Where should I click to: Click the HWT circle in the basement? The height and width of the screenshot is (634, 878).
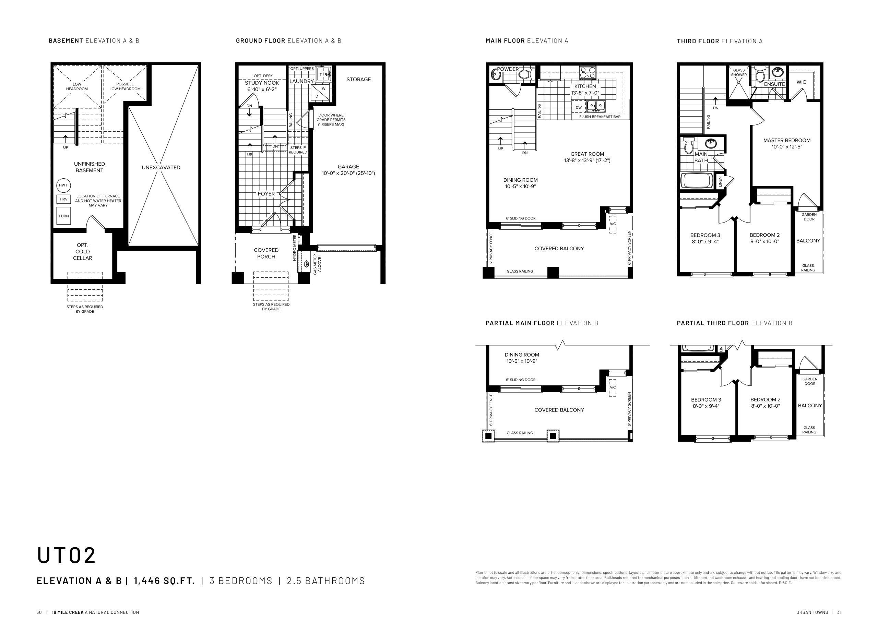point(63,186)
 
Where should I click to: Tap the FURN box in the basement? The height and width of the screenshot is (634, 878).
point(64,216)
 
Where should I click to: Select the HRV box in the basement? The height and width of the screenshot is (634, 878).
point(64,199)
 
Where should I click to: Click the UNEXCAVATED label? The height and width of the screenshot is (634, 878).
point(161,168)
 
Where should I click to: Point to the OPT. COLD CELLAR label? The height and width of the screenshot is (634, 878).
point(82,252)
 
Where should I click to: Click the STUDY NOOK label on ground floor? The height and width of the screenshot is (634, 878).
point(262,83)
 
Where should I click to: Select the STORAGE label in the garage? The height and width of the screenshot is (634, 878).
point(358,79)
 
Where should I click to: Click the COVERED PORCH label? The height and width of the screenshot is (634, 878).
point(266,253)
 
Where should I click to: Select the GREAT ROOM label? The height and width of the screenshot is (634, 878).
point(587,154)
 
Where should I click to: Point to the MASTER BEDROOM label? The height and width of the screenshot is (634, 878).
point(787,141)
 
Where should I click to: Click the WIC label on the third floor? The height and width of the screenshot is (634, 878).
point(802,82)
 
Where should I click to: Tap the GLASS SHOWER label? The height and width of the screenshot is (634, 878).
point(739,72)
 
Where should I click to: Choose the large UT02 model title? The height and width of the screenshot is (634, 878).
point(66,555)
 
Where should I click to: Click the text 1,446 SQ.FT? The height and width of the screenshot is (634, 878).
point(165,581)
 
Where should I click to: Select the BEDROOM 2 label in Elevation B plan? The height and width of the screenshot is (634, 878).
point(766,399)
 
